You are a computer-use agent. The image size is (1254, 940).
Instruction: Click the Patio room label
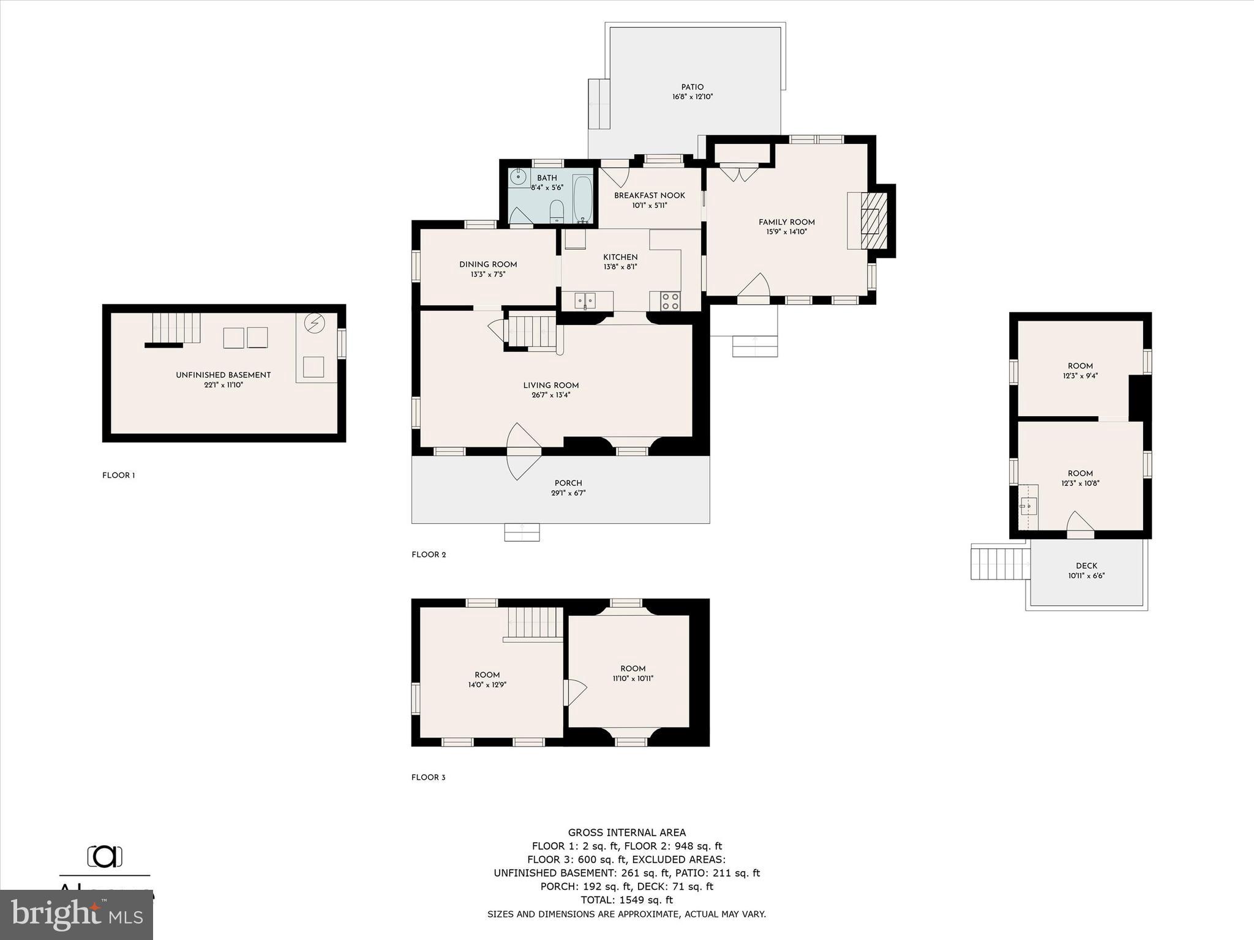pyautogui.click(x=692, y=88)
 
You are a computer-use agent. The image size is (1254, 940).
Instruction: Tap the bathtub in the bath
pyautogui.click(x=582, y=198)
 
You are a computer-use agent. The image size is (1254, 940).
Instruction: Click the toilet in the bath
pyautogui.click(x=556, y=212)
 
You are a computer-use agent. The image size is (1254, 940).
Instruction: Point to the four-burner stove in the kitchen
pyautogui.click(x=670, y=300)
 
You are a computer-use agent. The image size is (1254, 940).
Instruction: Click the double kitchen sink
pyautogui.click(x=585, y=300)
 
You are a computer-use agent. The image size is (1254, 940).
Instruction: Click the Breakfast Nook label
pyautogui.click(x=649, y=195)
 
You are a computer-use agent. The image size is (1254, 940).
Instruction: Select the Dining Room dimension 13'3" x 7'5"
pyautogui.click(x=487, y=275)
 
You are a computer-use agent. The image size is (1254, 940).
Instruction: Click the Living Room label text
pyautogui.click(x=550, y=386)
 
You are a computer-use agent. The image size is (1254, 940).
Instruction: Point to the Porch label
pyautogui.click(x=568, y=483)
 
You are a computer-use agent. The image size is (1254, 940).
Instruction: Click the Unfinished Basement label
pyautogui.click(x=223, y=375)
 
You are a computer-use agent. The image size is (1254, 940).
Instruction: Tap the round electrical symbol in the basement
pyautogui.click(x=315, y=323)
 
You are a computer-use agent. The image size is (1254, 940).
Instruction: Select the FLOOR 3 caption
pyautogui.click(x=428, y=777)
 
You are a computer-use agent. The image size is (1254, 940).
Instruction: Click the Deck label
pyautogui.click(x=1086, y=566)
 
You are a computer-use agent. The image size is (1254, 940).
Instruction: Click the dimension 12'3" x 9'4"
pyautogui.click(x=1080, y=376)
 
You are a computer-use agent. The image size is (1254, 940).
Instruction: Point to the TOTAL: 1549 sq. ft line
pyautogui.click(x=626, y=900)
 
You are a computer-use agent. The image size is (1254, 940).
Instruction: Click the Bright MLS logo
pyautogui.click(x=77, y=915)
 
